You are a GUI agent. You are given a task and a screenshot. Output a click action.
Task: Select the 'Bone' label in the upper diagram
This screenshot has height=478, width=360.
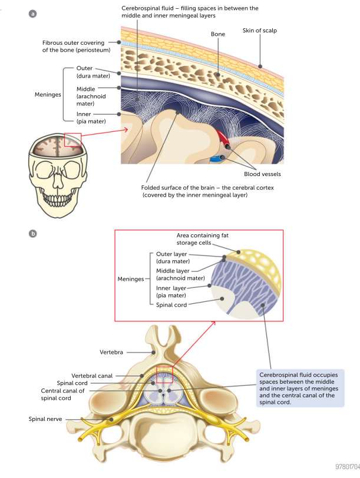pos(218,35)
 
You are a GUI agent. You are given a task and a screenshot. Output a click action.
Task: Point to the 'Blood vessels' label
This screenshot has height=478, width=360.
pos(262,174)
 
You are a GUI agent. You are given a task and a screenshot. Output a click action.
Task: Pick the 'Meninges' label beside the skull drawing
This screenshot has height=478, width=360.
pos(48,94)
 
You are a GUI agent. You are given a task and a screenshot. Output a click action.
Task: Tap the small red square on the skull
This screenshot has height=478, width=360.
pos(72,141)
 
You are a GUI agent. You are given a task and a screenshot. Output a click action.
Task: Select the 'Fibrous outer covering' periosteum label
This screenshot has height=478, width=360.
pos(73,47)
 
